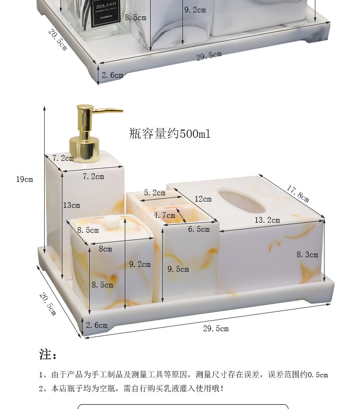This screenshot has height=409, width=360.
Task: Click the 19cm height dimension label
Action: point(24,180)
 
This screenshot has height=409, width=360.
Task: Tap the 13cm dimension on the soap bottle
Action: point(72,205)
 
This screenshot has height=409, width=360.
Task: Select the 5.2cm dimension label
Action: point(155,193)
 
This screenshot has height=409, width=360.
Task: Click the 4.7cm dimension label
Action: point(164,216)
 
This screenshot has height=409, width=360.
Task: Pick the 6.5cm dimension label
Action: point(199,229)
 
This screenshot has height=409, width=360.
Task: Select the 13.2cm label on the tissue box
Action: point(266,220)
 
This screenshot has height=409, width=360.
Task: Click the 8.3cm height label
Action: point(307,255)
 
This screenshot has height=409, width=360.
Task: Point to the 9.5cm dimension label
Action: point(178,269)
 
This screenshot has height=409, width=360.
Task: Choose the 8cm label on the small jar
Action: point(105,249)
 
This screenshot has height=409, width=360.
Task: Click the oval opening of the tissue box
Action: point(242,201)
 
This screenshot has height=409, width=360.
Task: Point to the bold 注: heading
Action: point(48,355)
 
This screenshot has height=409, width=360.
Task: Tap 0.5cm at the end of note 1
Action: point(318,375)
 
